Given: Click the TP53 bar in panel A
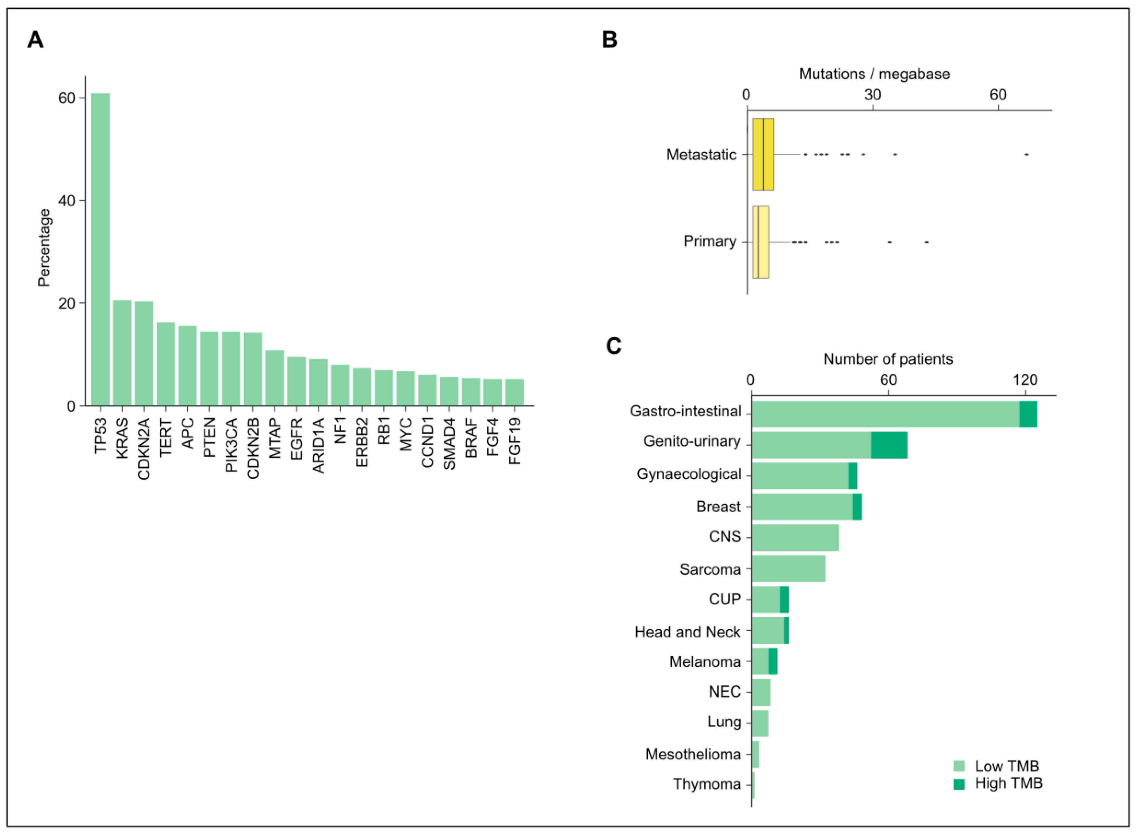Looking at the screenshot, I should click(101, 249).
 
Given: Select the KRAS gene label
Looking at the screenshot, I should click(122, 437).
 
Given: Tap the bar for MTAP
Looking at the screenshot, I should click(274, 378).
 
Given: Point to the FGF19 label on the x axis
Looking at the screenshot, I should click(514, 441).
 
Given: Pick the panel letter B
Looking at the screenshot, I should click(610, 39).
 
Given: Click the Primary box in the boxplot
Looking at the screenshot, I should click(760, 242).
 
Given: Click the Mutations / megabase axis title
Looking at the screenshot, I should click(874, 74).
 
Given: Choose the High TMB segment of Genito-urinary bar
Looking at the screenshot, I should click(889, 445).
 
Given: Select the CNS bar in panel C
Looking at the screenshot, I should click(795, 537).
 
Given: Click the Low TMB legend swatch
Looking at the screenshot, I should click(959, 766).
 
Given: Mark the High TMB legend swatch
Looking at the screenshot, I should click(959, 784).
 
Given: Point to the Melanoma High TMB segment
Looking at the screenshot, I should click(773, 661).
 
